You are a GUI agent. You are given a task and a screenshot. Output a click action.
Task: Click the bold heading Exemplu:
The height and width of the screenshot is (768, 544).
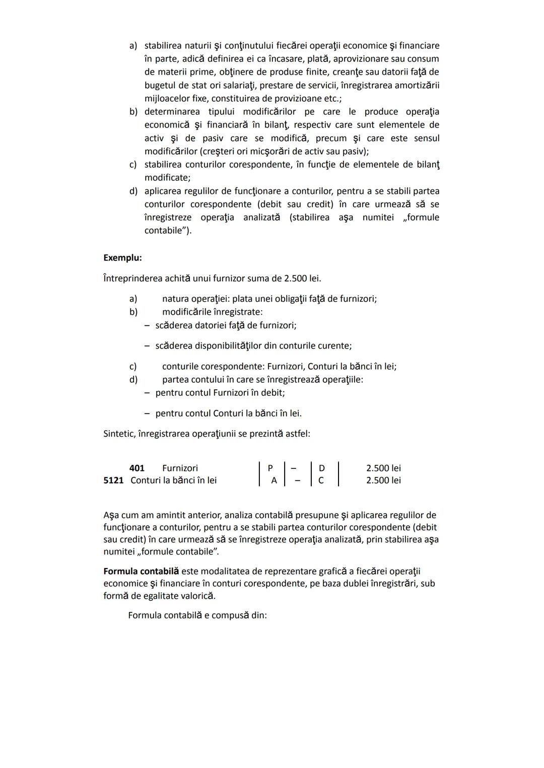(x=122, y=258)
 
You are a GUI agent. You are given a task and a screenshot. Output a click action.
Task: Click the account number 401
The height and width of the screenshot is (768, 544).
(x=137, y=468)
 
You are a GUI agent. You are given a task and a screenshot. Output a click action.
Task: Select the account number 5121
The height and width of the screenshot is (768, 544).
(x=113, y=480)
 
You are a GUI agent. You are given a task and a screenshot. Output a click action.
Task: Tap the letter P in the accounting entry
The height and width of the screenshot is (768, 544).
(x=270, y=468)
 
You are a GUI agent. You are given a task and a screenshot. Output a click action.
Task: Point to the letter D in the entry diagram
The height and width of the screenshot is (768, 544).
(x=322, y=468)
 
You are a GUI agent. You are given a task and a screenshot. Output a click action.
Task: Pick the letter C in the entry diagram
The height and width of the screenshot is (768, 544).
(x=321, y=480)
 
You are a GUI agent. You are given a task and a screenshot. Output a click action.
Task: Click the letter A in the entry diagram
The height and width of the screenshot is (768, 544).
(x=274, y=480)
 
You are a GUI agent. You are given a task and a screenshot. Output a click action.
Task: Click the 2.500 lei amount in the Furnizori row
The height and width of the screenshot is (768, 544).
(x=383, y=468)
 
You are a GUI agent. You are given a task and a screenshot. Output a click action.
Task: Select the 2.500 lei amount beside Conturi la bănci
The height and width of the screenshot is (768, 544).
(x=383, y=480)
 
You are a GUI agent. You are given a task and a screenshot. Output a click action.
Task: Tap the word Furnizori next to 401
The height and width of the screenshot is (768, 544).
(x=180, y=468)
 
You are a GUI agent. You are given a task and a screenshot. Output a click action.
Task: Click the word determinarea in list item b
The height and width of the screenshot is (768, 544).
(x=172, y=112)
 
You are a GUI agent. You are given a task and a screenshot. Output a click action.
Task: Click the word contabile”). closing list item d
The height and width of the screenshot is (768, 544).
(x=168, y=231)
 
